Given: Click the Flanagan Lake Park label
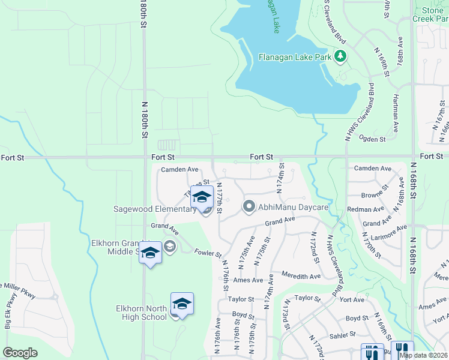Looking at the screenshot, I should tap(295, 58).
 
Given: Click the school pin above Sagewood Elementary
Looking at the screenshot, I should tap(202, 198).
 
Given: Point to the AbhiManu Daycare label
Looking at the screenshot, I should tap(294, 207).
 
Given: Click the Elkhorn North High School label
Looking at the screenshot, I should tap(141, 313).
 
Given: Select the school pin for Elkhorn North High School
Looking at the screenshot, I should tap(182, 304).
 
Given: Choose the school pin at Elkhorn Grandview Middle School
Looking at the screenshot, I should tap(150, 254).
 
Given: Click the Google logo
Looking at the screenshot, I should tap(20, 352).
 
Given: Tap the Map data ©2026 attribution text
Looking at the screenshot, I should tap(423, 355).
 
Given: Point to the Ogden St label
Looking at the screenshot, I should tap(372, 139).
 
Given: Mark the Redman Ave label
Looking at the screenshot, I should tap(370, 209).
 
